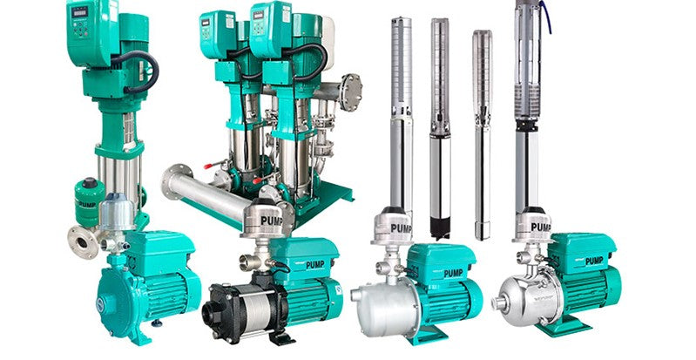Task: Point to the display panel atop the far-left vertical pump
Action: coord(80,15)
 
